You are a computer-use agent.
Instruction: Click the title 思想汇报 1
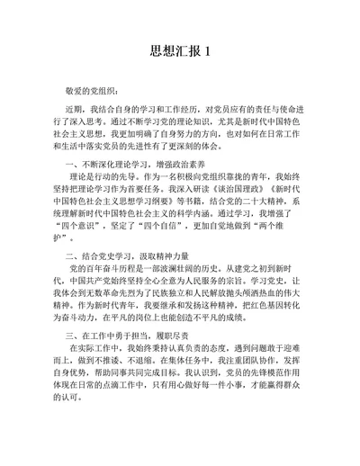[x=179, y=50]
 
